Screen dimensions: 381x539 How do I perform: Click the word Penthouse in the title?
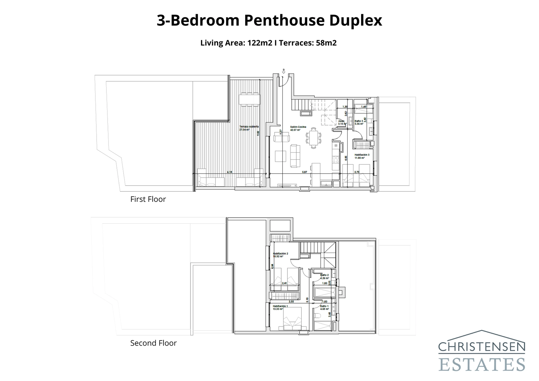click(284, 20)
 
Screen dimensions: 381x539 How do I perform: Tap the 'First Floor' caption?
click(148, 199)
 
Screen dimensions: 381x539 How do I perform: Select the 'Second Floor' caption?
click(153, 343)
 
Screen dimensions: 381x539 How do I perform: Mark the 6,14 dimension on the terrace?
click(229, 172)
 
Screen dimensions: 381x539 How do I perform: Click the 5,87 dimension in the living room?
click(305, 172)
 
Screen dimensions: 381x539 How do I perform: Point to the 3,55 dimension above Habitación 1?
click(292, 302)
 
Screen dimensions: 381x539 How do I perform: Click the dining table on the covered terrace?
click(249, 99)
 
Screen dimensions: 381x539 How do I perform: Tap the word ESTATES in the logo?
click(482, 364)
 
